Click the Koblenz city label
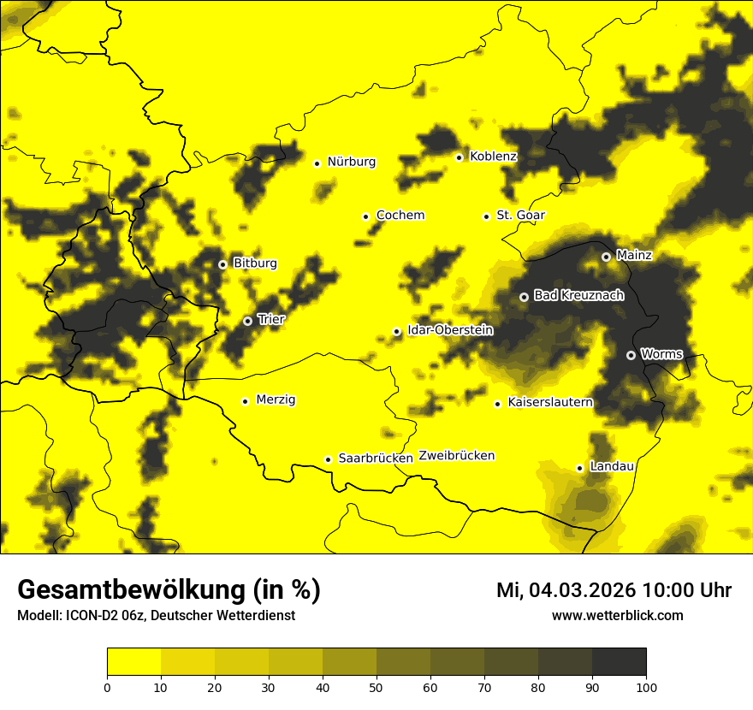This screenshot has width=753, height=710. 493,157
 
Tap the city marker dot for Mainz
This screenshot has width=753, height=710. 606,257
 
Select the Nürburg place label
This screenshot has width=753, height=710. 351,162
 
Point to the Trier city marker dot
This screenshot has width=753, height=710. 247,322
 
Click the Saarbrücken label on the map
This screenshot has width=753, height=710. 376,459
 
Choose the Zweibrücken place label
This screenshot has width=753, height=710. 456,456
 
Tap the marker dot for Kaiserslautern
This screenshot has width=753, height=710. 497,404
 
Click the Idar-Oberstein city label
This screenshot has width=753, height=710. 450,330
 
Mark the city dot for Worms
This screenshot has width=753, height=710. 631,355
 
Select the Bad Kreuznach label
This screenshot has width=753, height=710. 578,296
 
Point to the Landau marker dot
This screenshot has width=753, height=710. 579,468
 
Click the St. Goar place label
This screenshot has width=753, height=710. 520,216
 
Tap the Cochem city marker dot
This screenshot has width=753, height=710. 365,216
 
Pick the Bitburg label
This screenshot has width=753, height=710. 255,263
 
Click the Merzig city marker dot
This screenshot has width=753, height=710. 245,401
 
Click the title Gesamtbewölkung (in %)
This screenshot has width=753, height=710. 169,590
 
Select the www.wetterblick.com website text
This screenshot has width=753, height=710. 617,616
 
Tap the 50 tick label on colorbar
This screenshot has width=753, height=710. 376,686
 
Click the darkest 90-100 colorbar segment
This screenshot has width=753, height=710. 619,662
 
